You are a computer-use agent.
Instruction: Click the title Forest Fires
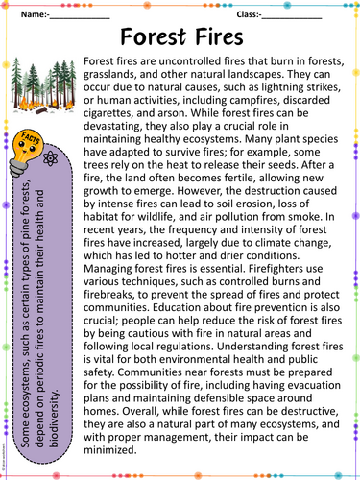click(180, 37)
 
